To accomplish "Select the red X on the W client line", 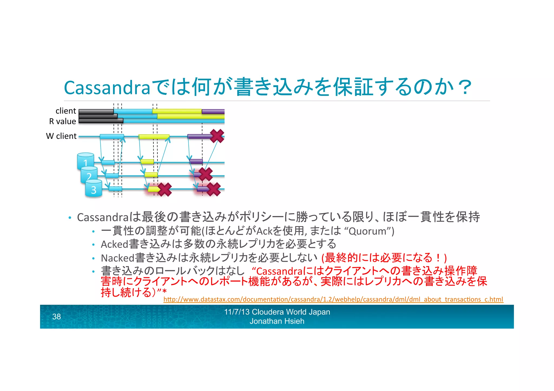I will (x=217, y=136).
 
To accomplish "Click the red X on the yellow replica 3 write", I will (x=165, y=189).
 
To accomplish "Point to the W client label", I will (x=61, y=136).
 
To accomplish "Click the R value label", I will (x=62, y=121).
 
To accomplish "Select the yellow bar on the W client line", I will (x=154, y=137).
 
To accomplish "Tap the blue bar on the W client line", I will (x=112, y=137).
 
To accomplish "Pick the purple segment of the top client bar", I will (x=213, y=112).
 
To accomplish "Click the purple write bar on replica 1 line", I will (x=196, y=161).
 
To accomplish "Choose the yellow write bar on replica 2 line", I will (x=151, y=175).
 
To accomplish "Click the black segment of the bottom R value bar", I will (x=101, y=121).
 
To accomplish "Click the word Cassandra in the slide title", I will (x=107, y=88).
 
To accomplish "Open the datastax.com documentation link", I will (x=333, y=299).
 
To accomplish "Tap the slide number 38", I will (x=57, y=317).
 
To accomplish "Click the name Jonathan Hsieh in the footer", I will (x=277, y=321).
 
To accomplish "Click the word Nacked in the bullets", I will (x=117, y=258).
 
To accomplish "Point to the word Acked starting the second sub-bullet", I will (x=114, y=244).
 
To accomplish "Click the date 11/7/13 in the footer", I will (x=237, y=312).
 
